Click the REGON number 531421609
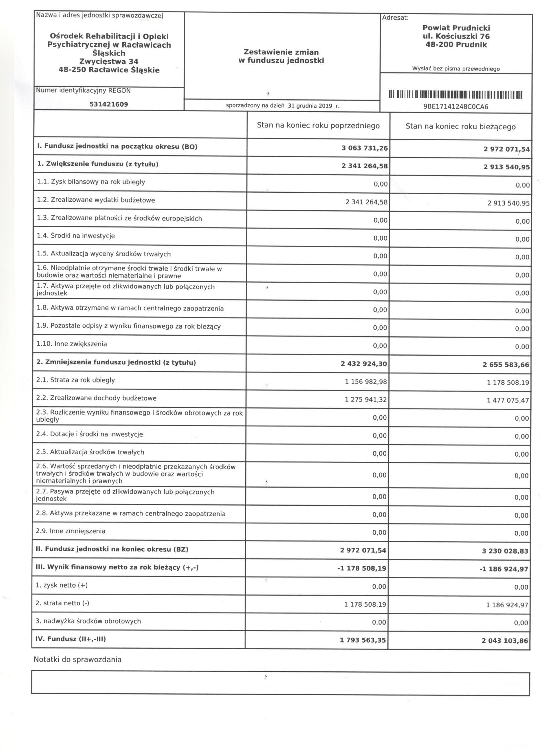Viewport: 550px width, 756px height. point(109,104)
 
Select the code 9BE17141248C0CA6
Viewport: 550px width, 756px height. point(456,107)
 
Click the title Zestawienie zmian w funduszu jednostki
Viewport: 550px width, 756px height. point(281,56)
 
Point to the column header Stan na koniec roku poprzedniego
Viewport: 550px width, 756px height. point(318,126)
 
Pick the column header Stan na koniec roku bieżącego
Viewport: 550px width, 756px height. point(460,127)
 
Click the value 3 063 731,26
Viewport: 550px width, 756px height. point(365,148)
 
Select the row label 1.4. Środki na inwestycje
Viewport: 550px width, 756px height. point(76,236)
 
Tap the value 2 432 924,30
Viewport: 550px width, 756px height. point(364,364)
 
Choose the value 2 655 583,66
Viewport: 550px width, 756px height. point(506,365)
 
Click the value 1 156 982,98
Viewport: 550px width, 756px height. point(366,382)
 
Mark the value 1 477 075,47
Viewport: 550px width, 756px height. point(508,400)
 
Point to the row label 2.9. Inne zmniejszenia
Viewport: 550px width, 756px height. point(71,531)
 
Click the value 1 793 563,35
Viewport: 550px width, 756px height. point(363,640)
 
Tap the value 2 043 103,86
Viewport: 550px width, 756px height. point(505,641)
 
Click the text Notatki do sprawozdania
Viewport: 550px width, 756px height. point(77,659)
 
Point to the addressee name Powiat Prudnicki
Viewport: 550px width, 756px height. point(456,28)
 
